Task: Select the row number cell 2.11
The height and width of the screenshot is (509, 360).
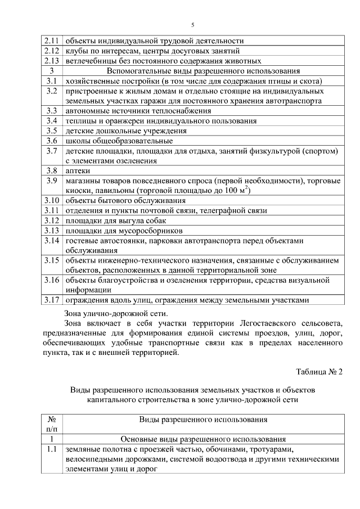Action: pyautogui.click(x=51, y=40)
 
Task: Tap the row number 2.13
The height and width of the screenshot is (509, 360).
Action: pyautogui.click(x=51, y=61)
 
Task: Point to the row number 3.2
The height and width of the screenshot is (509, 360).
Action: pyautogui.click(x=51, y=91)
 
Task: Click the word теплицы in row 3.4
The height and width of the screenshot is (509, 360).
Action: pyautogui.click(x=80, y=120)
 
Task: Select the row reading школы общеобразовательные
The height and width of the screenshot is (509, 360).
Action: pyautogui.click(x=119, y=141)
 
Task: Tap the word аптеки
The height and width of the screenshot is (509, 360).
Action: pyautogui.click(x=78, y=170)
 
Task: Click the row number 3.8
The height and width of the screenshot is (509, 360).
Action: pyautogui.click(x=51, y=170)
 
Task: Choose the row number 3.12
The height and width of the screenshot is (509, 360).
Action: pyautogui.click(x=51, y=220)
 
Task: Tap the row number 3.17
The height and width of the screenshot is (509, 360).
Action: pyautogui.click(x=51, y=300)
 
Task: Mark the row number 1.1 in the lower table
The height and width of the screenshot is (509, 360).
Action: pyautogui.click(x=51, y=450)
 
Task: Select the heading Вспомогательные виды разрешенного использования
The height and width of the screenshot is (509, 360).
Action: pyautogui.click(x=203, y=71)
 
